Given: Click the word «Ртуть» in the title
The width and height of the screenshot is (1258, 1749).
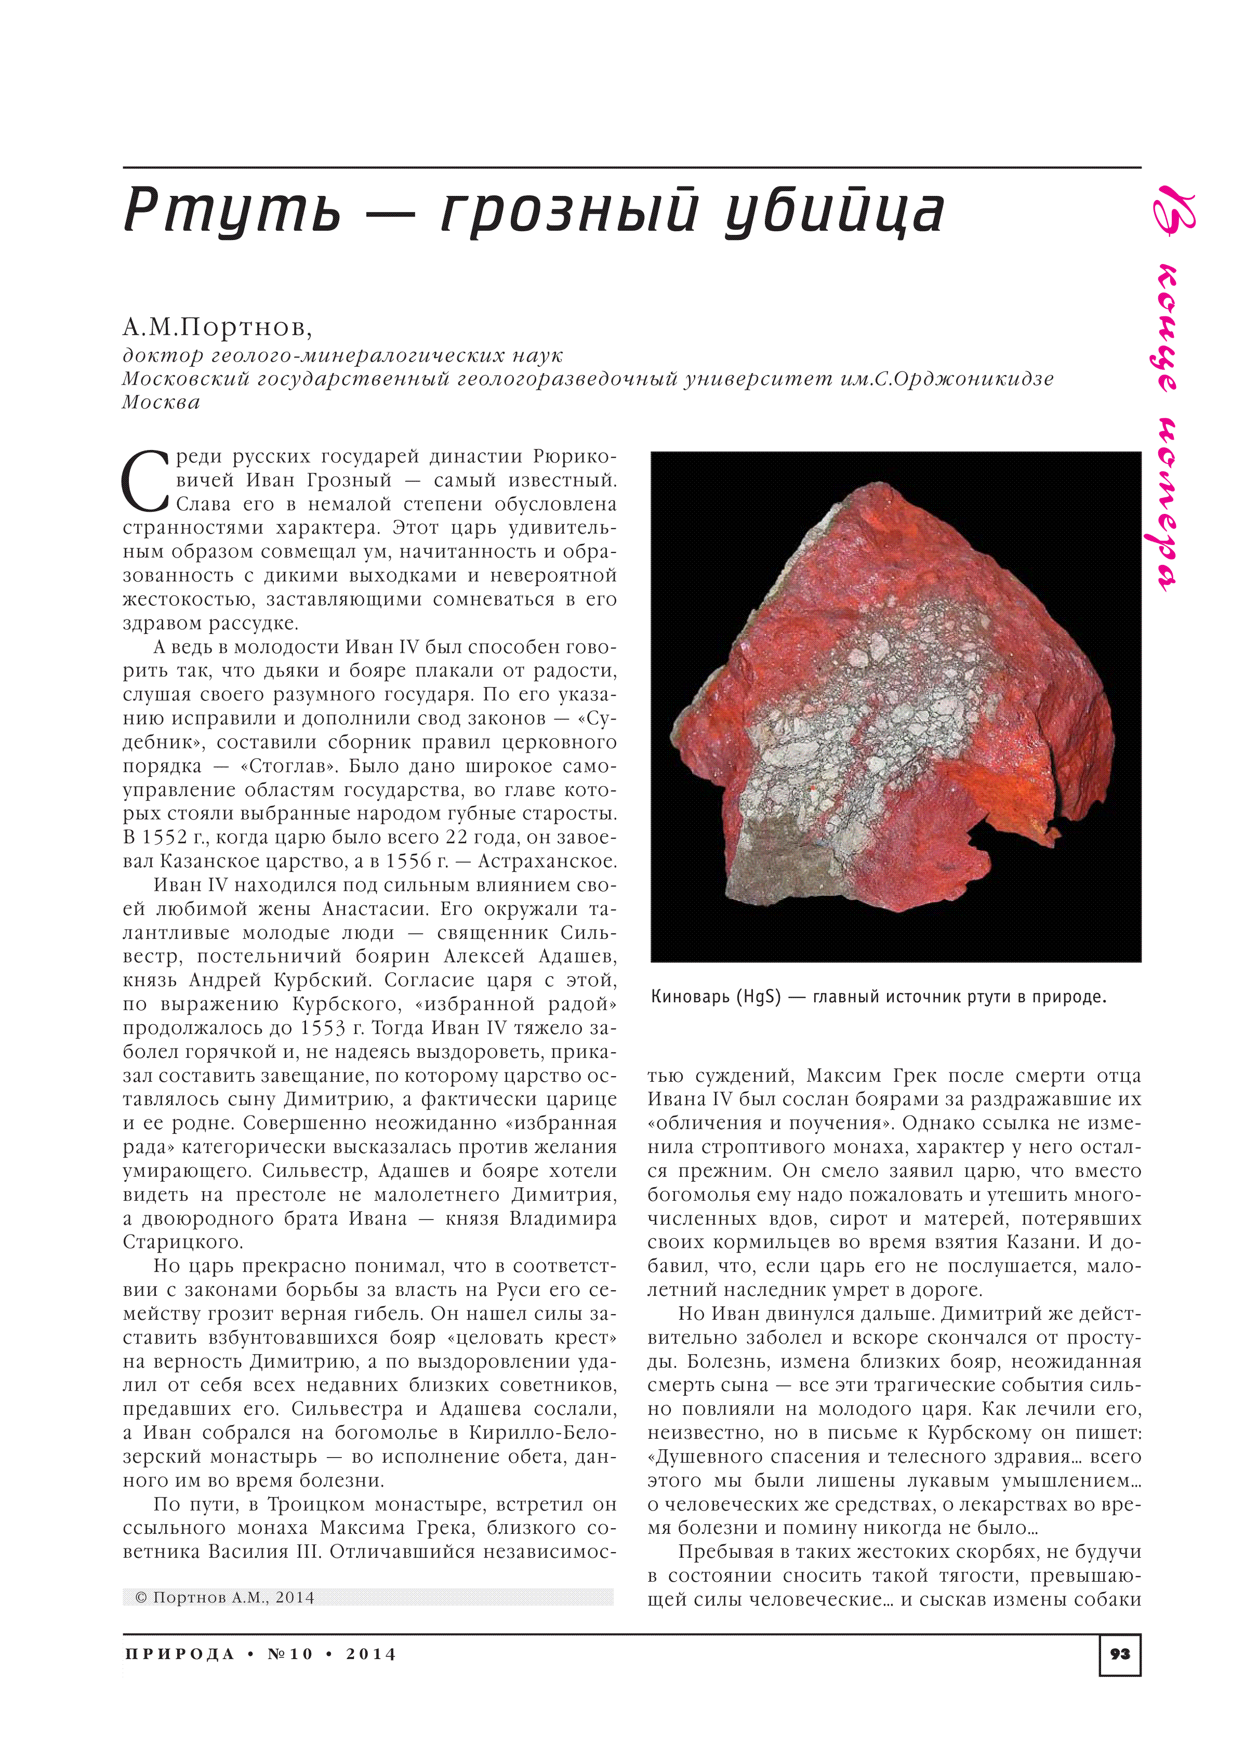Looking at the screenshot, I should pos(231,210).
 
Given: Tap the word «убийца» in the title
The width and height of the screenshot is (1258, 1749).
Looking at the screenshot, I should pos(834,210).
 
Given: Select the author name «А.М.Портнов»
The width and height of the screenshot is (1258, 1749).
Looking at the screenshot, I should pos(217,328).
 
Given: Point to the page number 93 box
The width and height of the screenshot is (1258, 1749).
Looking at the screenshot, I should pos(1119,1653).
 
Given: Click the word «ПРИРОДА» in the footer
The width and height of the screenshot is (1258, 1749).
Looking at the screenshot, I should pos(179,1654).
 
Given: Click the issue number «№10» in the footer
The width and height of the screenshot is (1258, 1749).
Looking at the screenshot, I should pos(290,1654).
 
